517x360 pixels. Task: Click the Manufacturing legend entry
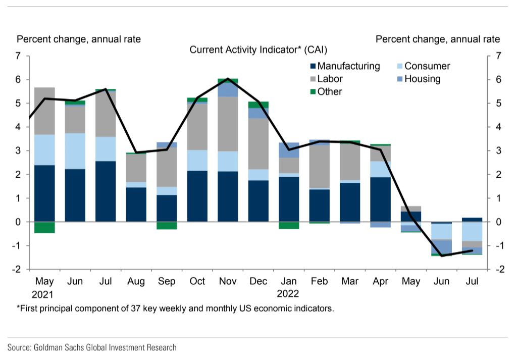click(x=348, y=66)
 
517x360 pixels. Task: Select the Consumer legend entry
click(x=427, y=66)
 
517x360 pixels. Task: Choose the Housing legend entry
click(x=422, y=79)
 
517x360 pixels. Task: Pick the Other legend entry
click(x=330, y=91)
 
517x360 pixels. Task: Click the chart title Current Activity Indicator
click(x=258, y=49)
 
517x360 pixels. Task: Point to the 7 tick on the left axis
click(x=18, y=56)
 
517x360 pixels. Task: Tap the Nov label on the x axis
click(x=228, y=281)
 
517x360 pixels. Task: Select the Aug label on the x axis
click(x=136, y=281)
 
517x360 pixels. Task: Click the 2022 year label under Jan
click(x=288, y=294)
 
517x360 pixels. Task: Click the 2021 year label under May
click(x=44, y=294)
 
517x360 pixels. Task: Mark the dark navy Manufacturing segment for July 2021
click(x=106, y=191)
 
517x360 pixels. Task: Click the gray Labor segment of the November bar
click(x=228, y=124)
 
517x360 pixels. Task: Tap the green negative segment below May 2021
click(x=44, y=227)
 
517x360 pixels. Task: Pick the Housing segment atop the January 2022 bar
click(x=289, y=150)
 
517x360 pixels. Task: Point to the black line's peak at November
click(x=228, y=79)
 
